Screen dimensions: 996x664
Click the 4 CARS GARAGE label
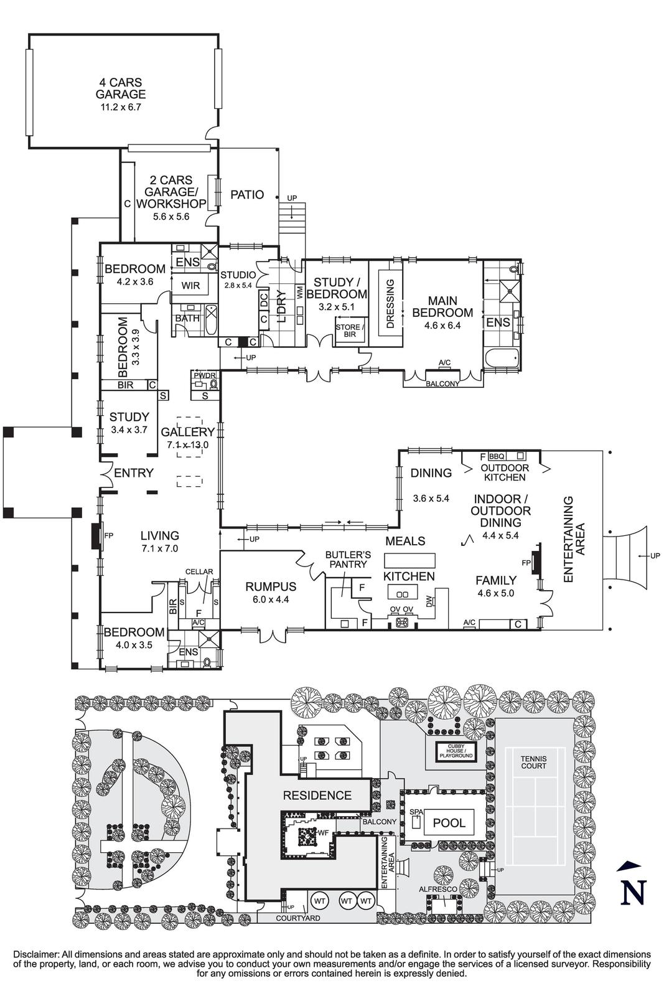coord(121,88)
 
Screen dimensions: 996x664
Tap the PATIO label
coord(247,195)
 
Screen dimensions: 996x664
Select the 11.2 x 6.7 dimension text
coord(121,107)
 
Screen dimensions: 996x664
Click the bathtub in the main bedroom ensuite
coord(501,359)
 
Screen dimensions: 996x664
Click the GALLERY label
coord(187,432)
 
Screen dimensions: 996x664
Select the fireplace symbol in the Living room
coord(95,536)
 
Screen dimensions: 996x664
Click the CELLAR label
coord(199,571)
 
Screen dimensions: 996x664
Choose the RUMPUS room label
coord(271,586)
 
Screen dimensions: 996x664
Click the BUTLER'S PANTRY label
coord(348,558)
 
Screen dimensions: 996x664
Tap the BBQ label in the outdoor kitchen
coord(498,456)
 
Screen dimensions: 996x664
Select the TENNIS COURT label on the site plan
coord(533,762)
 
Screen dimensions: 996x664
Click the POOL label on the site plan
coord(449,823)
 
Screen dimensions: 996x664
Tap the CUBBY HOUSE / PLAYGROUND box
coord(456,752)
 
